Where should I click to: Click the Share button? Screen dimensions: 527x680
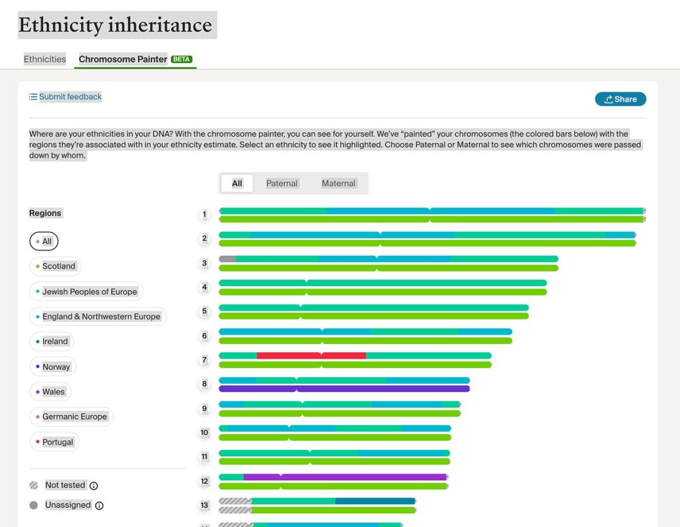tap(620, 99)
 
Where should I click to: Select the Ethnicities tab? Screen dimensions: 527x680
tap(45, 59)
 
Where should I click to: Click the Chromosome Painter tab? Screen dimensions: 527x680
tap(123, 59)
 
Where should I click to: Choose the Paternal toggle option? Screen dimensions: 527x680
tap(282, 183)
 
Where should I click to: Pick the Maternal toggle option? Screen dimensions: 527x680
tap(339, 183)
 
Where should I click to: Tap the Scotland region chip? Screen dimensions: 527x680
tap(56, 266)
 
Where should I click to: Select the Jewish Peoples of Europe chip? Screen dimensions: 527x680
tap(86, 291)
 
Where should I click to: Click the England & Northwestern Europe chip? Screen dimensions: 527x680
tap(98, 317)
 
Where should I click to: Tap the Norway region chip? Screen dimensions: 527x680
tap(53, 366)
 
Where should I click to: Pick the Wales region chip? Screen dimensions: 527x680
tap(50, 392)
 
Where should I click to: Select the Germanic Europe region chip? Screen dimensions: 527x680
tap(72, 417)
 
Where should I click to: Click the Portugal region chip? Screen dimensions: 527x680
tap(54, 442)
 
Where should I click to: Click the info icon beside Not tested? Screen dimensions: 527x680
tap(94, 486)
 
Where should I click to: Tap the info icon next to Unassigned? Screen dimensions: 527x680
tap(99, 506)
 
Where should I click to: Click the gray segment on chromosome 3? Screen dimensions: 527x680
tap(227, 259)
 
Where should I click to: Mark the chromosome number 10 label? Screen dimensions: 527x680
tap(205, 433)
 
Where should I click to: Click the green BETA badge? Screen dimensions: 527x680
tap(181, 59)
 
